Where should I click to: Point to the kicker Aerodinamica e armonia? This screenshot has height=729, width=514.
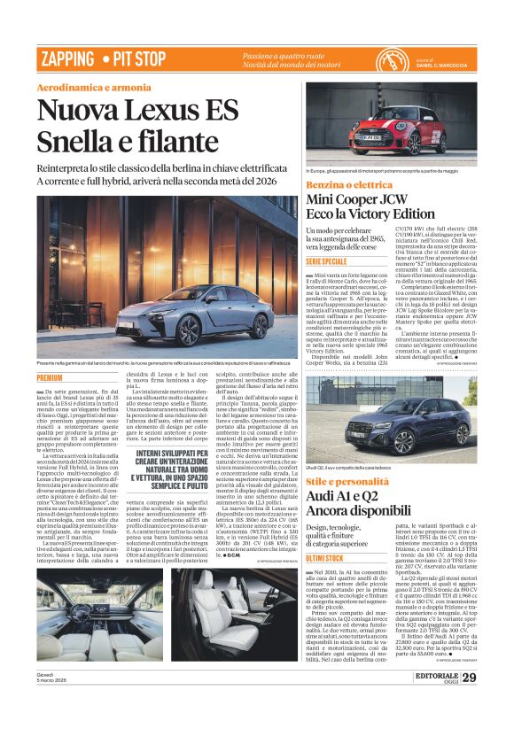[x=94, y=87]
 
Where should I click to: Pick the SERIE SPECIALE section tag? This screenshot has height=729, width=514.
[x=326, y=262]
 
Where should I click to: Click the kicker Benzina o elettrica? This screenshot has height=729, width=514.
[x=348, y=183]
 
